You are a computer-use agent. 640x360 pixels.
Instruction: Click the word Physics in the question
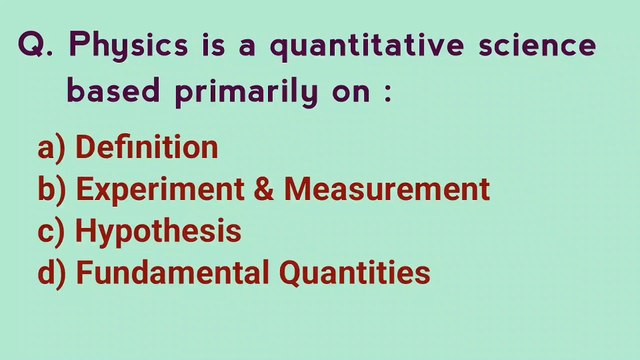127,48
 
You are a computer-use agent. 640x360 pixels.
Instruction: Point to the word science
540,46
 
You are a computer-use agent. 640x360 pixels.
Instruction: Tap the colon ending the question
386,95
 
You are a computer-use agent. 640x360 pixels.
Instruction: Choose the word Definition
147,148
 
